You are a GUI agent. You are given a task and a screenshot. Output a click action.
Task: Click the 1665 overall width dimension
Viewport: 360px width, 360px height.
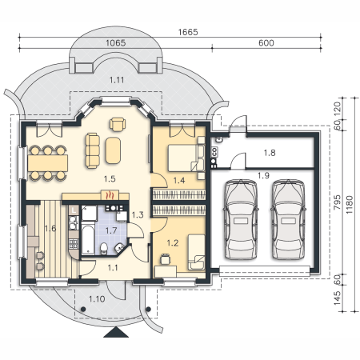[x=188, y=32]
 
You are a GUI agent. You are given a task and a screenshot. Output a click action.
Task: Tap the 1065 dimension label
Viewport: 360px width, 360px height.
[x=116, y=43]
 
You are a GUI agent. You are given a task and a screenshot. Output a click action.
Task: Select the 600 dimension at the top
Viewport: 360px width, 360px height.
[x=266, y=43]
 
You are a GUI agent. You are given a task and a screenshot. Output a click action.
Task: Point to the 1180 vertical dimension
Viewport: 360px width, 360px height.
[x=350, y=205]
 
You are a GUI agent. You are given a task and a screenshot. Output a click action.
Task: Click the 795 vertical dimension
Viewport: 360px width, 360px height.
[x=337, y=202]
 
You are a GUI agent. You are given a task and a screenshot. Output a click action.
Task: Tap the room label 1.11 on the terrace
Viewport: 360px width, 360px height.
[x=117, y=80]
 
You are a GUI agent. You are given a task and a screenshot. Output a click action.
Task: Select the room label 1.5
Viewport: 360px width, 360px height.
[x=110, y=178]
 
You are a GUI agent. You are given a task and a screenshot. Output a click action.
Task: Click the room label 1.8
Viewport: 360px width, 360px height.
[x=270, y=153]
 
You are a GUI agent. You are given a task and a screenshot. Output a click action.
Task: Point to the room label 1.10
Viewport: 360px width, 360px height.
[x=97, y=299]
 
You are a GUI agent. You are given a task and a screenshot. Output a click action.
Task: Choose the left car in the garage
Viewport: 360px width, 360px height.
[x=241, y=219]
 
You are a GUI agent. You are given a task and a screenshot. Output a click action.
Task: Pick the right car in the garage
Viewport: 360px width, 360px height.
[x=288, y=219]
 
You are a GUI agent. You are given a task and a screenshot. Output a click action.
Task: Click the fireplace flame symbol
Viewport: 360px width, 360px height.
[x=110, y=195]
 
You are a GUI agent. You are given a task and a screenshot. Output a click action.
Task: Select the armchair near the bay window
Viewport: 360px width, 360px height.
[x=118, y=124]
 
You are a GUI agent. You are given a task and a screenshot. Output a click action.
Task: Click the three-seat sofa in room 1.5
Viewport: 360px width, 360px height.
[x=93, y=150]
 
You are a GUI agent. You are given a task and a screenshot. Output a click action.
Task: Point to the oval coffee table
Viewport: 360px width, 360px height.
[x=113, y=150]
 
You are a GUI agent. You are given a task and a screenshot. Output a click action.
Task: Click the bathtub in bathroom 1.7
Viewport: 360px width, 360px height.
[x=88, y=240]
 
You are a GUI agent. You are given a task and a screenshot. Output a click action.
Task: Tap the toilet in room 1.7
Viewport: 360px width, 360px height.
[x=104, y=248]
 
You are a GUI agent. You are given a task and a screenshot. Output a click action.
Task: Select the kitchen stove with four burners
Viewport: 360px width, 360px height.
[x=74, y=243]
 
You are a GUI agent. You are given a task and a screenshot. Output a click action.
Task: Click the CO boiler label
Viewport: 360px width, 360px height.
[x=215, y=152]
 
